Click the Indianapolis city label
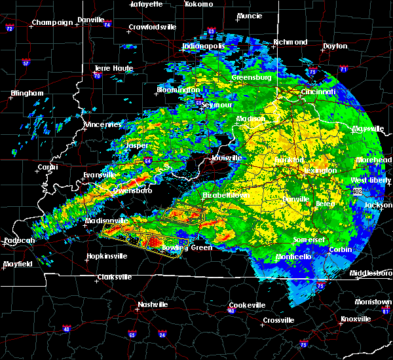point(204,46)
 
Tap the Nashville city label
point(152,304)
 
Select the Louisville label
point(227,158)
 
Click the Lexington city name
point(320,170)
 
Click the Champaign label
point(53,22)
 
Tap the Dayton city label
point(335,46)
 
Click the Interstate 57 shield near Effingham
point(26,63)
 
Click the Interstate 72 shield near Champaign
point(10,29)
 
